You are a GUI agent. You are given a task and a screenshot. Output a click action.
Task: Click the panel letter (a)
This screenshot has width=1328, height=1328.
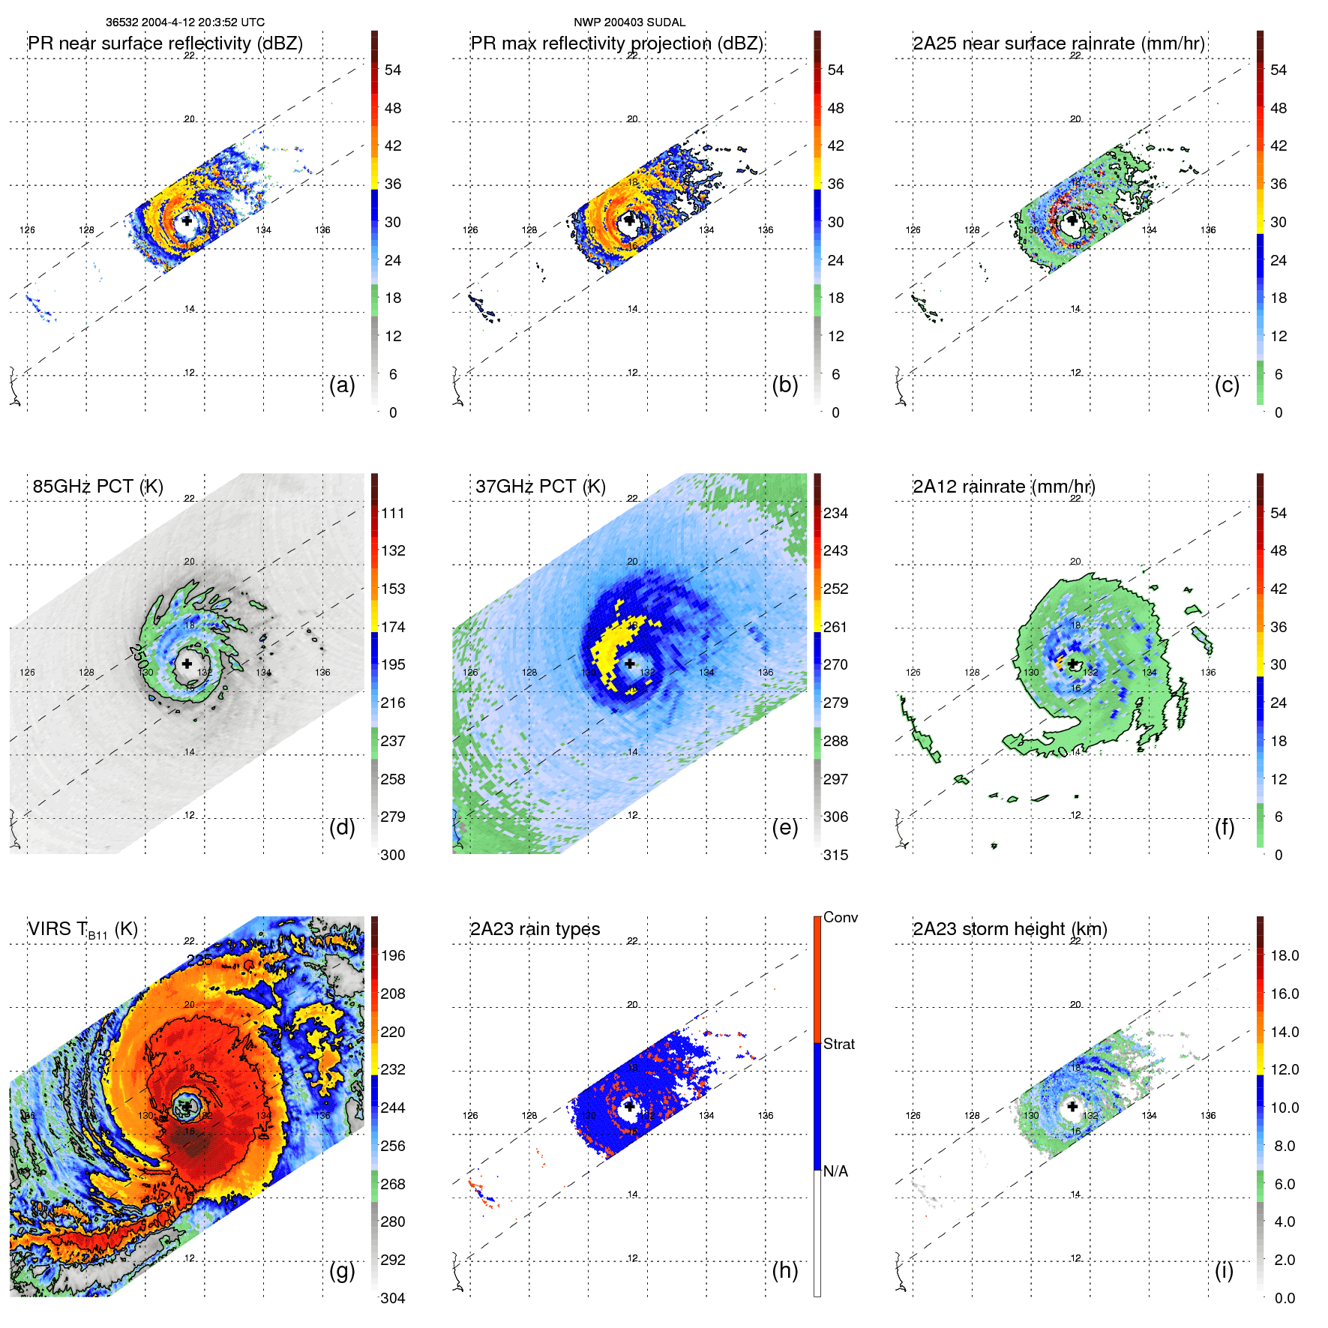click(342, 385)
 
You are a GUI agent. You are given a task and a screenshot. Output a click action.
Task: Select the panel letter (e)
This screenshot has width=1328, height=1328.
click(784, 828)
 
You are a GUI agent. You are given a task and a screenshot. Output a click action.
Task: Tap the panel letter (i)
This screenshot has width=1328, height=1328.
click(1224, 1270)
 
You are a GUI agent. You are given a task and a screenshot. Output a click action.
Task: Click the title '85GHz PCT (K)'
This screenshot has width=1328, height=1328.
click(97, 486)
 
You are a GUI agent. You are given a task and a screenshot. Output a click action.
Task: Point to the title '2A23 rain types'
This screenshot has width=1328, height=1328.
click(535, 929)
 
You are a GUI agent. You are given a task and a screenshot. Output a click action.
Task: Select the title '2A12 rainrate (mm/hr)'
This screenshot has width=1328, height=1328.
click(1003, 486)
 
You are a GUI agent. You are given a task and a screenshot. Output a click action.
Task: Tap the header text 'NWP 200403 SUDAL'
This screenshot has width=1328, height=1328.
click(629, 22)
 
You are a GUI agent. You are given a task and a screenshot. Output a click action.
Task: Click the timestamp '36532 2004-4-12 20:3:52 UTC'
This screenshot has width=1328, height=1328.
click(185, 22)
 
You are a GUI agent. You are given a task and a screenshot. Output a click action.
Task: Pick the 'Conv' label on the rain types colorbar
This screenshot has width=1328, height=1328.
click(841, 917)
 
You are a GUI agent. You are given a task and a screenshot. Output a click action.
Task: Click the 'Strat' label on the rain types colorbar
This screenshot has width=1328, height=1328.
click(839, 1044)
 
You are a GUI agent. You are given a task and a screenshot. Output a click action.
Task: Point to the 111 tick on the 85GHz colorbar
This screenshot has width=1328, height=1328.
click(393, 513)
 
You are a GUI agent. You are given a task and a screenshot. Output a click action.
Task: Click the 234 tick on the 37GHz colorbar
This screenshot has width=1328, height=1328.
click(835, 513)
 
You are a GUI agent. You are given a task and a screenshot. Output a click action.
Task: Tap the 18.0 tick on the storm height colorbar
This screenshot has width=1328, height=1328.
click(1285, 955)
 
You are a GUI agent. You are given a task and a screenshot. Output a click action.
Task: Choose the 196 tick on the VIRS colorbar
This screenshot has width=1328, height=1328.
click(393, 955)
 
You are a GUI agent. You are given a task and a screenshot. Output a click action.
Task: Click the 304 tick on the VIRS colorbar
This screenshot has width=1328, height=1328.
click(393, 1298)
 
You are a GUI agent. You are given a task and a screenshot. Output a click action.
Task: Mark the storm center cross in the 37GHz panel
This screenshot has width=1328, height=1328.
click(630, 664)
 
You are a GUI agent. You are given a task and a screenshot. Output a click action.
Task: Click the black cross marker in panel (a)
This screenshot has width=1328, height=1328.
click(187, 220)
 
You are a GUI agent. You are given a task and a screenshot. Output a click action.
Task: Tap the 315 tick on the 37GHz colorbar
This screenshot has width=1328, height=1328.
click(835, 855)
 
